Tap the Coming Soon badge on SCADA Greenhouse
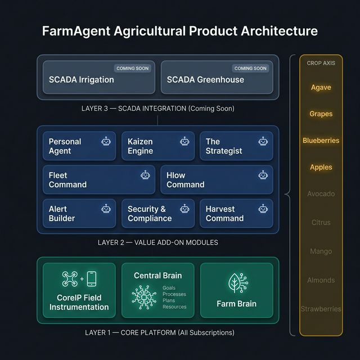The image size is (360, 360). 250,69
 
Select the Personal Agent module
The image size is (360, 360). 79,146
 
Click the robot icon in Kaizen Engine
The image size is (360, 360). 184,141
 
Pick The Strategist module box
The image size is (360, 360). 236,146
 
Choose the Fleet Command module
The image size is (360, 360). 99,180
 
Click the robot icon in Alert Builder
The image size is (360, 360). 106,209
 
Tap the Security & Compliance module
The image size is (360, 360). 157,214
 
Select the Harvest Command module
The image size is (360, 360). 236,214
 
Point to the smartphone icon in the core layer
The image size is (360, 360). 92,279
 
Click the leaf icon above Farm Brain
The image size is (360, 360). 236,283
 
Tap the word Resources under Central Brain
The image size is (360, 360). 174,307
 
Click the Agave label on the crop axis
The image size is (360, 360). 321,88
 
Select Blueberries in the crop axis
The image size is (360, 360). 321,141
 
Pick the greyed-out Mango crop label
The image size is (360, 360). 321,251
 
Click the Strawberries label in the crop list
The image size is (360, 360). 321,309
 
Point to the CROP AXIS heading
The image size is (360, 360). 321,63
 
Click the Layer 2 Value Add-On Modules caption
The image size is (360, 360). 158,242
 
